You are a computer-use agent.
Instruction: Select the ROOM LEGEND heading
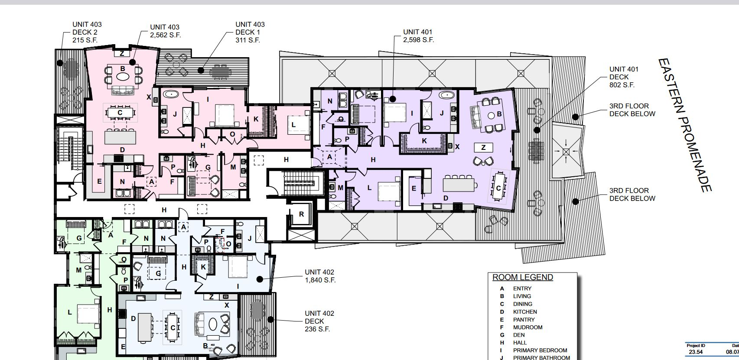coord(522,277)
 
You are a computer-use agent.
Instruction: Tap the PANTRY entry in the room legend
coord(524,320)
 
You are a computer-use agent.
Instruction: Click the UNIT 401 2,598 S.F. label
coord(418,36)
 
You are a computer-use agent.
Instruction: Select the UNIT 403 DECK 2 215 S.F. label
coord(87,32)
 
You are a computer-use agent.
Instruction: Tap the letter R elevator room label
coord(301,214)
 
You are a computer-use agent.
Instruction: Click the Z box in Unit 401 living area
coord(483,148)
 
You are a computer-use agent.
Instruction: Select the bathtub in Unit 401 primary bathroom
coord(446,95)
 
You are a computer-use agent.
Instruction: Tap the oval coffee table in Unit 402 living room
coord(213,324)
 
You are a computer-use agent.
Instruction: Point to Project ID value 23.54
coord(696,352)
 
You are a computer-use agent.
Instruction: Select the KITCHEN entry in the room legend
coord(524,312)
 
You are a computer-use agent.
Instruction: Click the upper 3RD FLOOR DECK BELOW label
coord(632,110)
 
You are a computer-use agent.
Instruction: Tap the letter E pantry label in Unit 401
coord(414,188)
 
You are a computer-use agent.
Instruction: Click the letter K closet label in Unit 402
coord(203,267)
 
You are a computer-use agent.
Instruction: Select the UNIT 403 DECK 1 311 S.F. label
coord(250,32)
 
